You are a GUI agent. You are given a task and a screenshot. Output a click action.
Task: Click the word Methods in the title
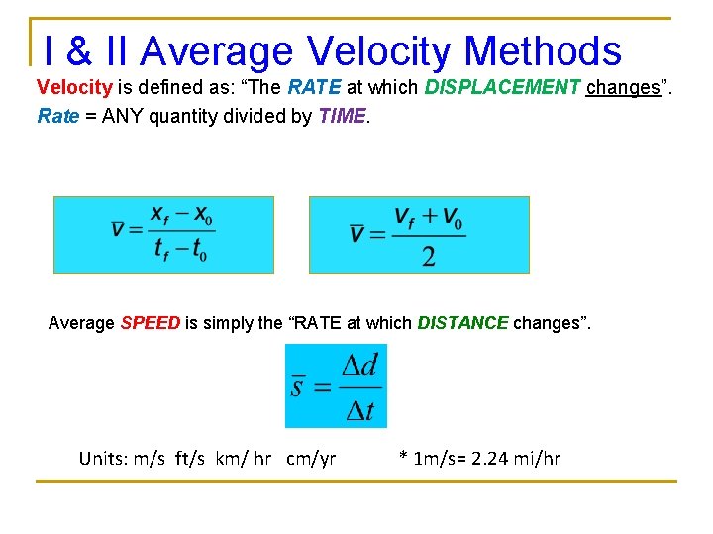[x=543, y=51]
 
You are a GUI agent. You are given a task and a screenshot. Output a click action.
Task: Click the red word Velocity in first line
[x=74, y=87]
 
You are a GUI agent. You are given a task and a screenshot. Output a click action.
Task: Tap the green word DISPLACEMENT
[x=502, y=87]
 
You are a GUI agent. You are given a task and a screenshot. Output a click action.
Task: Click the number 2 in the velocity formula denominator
[x=428, y=257]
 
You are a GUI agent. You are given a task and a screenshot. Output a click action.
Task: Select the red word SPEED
[x=151, y=323]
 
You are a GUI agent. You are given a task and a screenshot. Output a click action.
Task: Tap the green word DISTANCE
[x=462, y=323]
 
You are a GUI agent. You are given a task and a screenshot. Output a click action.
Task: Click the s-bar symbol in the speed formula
[x=297, y=386]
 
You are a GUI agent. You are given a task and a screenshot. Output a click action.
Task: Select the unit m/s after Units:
[x=150, y=459]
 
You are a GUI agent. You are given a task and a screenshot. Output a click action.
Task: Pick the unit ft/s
[x=195, y=459]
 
